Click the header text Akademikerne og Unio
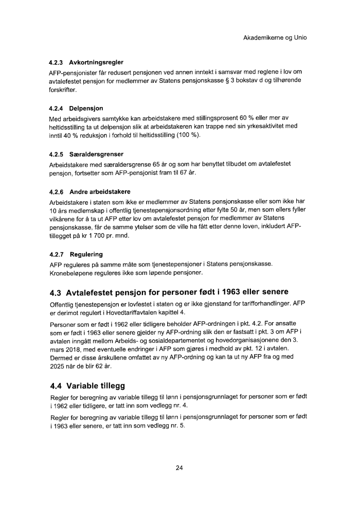click(278, 38)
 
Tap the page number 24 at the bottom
click(179, 468)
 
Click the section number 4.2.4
click(58, 109)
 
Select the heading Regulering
click(86, 254)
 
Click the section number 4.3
click(56, 293)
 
